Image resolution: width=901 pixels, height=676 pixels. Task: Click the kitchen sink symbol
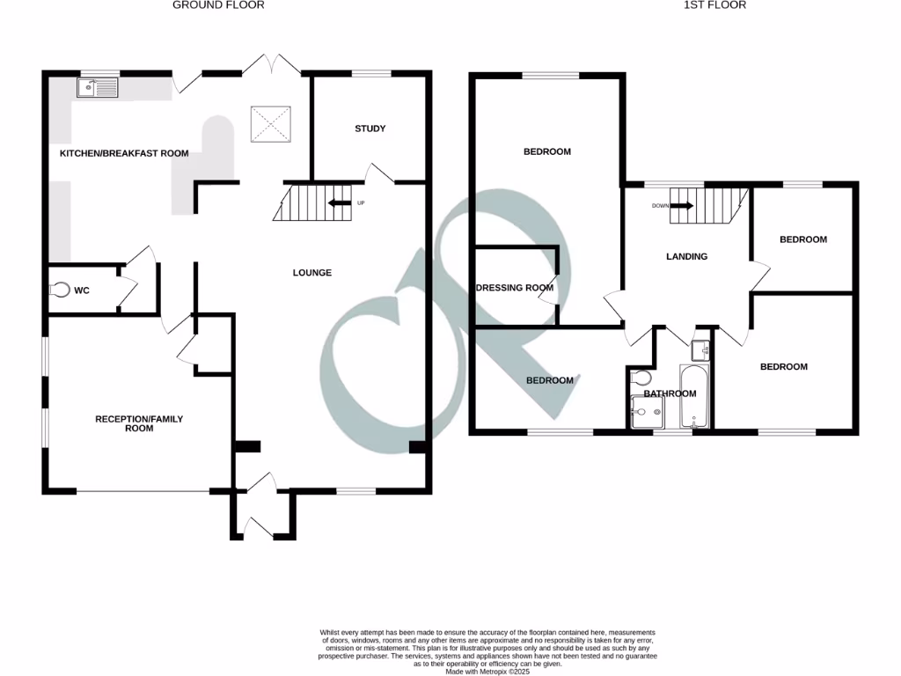click(x=97, y=87)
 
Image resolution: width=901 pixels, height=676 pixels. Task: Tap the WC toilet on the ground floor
click(x=60, y=290)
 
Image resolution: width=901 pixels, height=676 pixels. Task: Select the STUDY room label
click(x=370, y=129)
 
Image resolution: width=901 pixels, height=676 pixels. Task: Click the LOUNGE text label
click(x=312, y=273)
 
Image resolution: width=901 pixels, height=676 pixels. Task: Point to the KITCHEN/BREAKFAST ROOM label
click(x=124, y=153)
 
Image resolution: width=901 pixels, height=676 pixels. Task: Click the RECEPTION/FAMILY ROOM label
click(x=139, y=423)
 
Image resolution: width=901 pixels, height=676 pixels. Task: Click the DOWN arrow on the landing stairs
click(x=683, y=206)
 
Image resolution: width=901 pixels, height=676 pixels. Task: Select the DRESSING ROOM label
click(x=515, y=288)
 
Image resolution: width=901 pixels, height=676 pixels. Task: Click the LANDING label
click(x=686, y=257)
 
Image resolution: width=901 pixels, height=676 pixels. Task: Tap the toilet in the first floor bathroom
click(x=642, y=378)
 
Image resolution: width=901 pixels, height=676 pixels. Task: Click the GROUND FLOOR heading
click(x=218, y=5)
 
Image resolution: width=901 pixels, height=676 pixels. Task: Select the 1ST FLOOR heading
click(x=714, y=5)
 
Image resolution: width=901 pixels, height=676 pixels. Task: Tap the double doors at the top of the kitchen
click(x=272, y=64)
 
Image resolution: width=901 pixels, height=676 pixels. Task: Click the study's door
click(x=379, y=173)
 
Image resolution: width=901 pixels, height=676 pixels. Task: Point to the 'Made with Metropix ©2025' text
click(x=487, y=671)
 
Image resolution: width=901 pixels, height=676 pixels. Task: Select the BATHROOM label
click(x=670, y=393)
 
